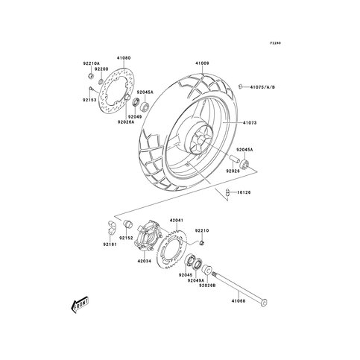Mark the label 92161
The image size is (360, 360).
pyautogui.click(x=110, y=244)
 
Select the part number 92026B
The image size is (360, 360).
pyautogui.click(x=208, y=285)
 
